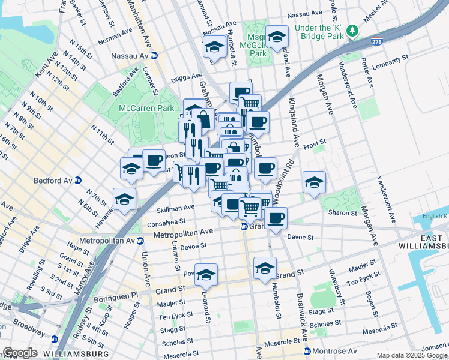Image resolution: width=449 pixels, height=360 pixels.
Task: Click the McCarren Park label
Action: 146,108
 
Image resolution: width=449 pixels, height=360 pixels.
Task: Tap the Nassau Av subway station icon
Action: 154,55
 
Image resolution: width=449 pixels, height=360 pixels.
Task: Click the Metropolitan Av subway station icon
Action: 140,241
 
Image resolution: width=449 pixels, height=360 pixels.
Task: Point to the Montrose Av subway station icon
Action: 307,351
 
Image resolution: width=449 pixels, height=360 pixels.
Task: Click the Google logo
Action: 20,353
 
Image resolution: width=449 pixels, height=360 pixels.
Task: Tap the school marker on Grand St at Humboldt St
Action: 265,268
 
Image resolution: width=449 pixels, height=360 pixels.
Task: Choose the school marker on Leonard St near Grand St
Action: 206,275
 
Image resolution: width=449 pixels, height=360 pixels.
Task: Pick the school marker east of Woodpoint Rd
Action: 313,182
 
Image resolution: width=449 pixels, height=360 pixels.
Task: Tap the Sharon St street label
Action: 343,212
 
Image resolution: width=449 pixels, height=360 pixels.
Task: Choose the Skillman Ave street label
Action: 176,208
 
